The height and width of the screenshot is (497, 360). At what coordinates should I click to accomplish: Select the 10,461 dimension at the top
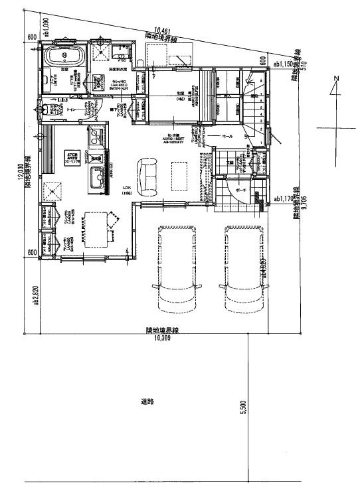163,30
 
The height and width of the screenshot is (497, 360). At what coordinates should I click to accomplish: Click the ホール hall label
227,135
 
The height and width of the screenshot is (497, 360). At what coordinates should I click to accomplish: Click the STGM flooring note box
71,158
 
